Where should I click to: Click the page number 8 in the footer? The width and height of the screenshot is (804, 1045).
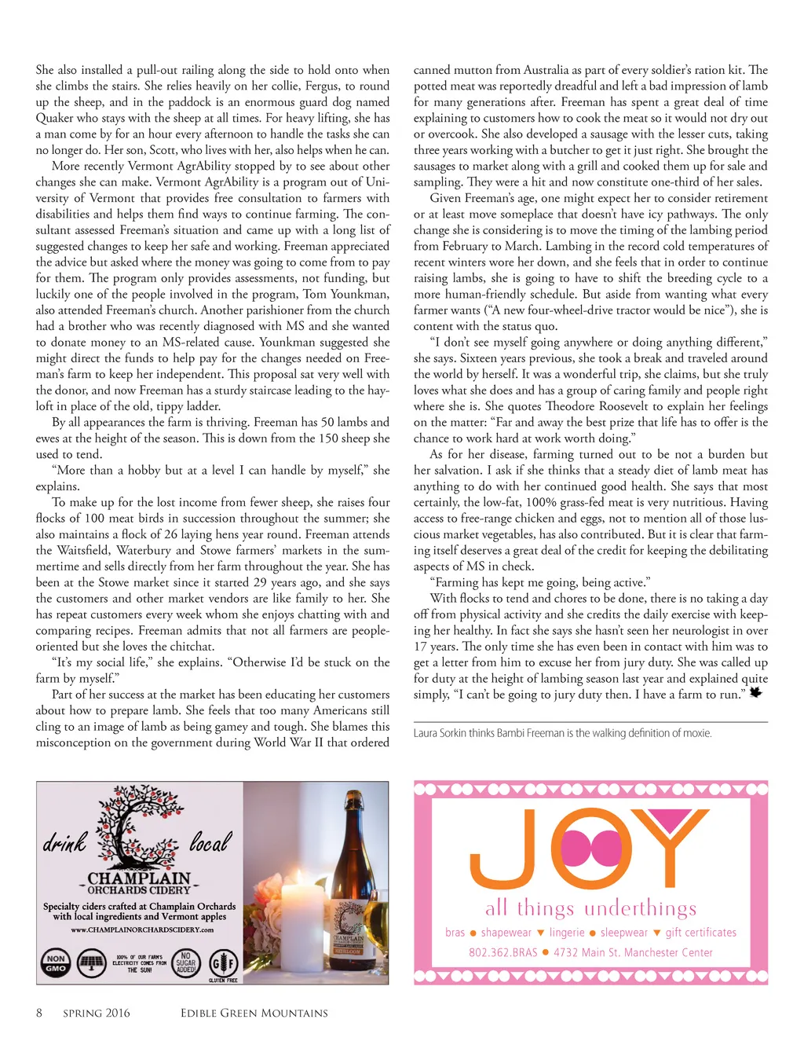(39, 1013)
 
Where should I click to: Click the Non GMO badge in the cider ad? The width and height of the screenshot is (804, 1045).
(56, 962)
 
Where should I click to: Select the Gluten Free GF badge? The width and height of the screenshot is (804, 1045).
(223, 962)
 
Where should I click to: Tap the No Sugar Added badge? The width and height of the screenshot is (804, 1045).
(186, 962)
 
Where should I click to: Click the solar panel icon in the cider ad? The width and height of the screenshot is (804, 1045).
(92, 962)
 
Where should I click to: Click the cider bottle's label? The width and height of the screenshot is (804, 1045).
(348, 931)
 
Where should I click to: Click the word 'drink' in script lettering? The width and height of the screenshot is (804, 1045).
(64, 842)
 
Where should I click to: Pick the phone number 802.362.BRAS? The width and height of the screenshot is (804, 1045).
(502, 952)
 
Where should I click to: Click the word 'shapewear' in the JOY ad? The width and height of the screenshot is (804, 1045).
(506, 933)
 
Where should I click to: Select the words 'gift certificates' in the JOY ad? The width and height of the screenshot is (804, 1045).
(700, 933)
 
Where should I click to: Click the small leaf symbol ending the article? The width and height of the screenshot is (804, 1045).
(755, 692)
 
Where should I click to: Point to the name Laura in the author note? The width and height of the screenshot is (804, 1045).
(426, 733)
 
